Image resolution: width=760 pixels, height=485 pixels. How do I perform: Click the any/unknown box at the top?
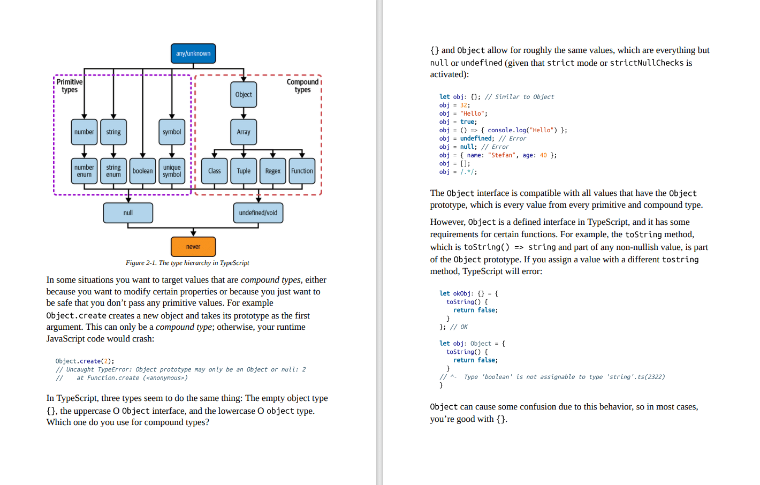[x=193, y=54]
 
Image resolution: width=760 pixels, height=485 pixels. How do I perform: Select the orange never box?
[x=193, y=247]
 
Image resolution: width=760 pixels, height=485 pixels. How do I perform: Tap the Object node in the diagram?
[x=244, y=95]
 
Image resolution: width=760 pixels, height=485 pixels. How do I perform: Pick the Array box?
[x=244, y=132]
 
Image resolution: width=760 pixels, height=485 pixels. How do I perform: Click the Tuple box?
[x=244, y=171]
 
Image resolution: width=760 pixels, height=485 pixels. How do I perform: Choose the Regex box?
[x=272, y=171]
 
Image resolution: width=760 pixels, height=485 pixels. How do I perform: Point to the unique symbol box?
[x=172, y=171]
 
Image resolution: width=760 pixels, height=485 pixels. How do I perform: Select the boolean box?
[x=142, y=171]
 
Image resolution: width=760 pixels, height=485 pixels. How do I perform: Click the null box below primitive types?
[x=128, y=213]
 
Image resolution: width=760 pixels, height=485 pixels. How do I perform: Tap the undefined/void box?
[x=258, y=213]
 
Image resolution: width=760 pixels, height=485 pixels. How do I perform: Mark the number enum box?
[x=84, y=171]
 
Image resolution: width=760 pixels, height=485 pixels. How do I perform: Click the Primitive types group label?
[x=70, y=86]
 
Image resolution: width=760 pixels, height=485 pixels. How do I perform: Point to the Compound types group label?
[x=302, y=86]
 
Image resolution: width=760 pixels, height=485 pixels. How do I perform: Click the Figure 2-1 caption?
[x=187, y=263]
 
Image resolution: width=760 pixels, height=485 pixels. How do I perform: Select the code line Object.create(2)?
[x=85, y=361]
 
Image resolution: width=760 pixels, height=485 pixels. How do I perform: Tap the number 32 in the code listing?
[x=463, y=105]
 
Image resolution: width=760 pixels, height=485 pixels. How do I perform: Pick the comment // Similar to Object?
[x=519, y=97]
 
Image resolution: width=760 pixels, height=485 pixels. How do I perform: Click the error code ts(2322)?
[x=651, y=377]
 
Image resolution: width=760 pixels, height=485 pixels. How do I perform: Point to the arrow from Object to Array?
[x=244, y=113]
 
